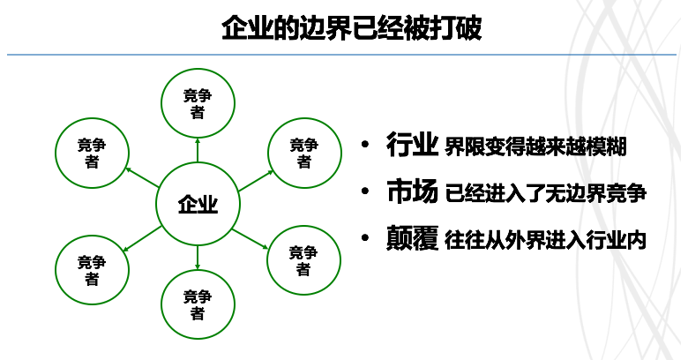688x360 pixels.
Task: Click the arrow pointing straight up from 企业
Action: pos(198,150)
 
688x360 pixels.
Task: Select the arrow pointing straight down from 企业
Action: pos(198,258)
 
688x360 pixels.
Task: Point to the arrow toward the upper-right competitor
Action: pos(257,181)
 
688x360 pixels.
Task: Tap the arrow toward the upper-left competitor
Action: pos(141,177)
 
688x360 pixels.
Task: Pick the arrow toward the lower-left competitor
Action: pos(142,239)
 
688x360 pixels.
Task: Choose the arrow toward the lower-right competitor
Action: pos(251,239)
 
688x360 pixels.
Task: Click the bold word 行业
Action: pos(412,145)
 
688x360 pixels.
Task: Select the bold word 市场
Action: pos(412,191)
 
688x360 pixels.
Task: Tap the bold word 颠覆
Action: pos(412,238)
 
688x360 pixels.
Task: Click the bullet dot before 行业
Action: pos(365,145)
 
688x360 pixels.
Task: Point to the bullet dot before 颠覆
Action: pos(365,238)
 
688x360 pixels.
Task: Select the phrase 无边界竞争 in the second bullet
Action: pos(595,193)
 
